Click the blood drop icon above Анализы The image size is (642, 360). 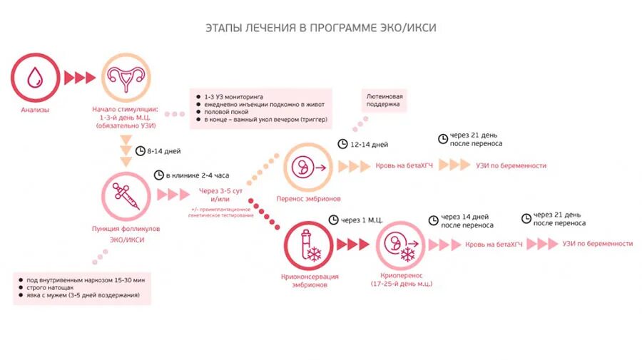tap(34, 77)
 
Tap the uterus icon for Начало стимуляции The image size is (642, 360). tap(128, 76)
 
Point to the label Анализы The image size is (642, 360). tap(35, 110)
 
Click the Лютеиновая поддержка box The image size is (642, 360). tap(384, 101)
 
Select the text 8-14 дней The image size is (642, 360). tap(163, 151)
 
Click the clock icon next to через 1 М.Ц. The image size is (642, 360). tap(333, 220)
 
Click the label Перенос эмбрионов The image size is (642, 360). tap(308, 198)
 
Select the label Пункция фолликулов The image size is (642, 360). tap(126, 229)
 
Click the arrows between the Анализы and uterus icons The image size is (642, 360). tap(78, 77)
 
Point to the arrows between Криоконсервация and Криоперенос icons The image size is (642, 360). tap(352, 245)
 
